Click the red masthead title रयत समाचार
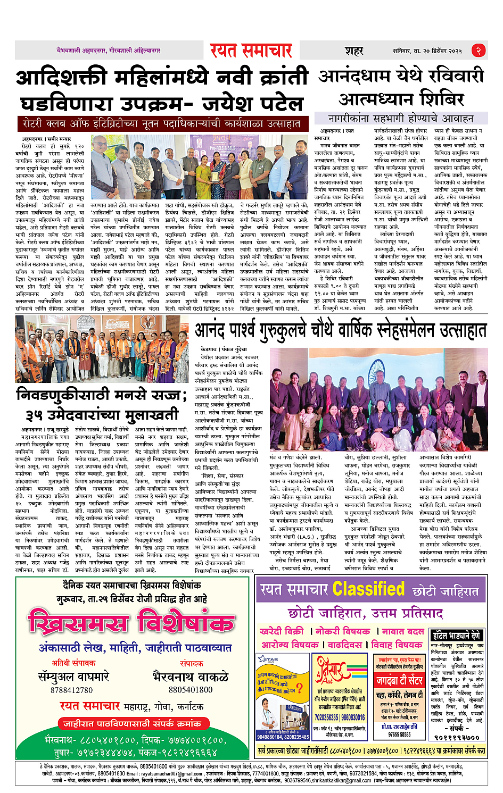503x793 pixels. click(251, 51)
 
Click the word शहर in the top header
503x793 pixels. click(353, 51)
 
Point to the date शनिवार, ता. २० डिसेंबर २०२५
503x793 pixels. click(427, 51)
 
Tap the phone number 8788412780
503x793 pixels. click(71, 690)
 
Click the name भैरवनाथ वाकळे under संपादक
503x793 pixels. click(191, 677)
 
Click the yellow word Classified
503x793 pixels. click(368, 589)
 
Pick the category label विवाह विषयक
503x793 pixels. click(397, 645)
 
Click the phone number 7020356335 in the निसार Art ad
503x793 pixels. click(327, 717)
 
